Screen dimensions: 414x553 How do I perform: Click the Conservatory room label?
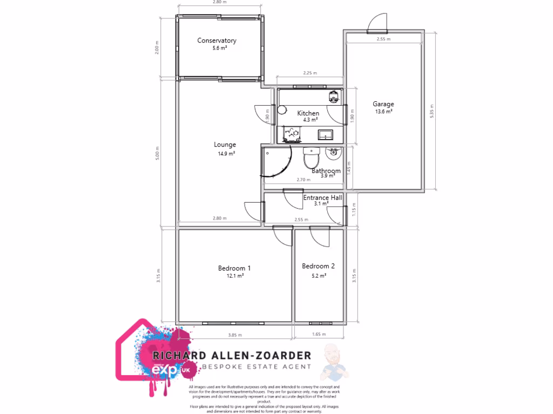click(x=217, y=40)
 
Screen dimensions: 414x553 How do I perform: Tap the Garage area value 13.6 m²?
click(x=383, y=112)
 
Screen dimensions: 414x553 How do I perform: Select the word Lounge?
click(x=225, y=144)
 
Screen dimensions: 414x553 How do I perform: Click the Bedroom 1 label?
click(x=234, y=268)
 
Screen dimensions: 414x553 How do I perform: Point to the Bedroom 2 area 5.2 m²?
click(x=319, y=275)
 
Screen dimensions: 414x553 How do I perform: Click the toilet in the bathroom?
click(x=312, y=158)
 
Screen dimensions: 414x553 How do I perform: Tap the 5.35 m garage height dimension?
click(x=431, y=112)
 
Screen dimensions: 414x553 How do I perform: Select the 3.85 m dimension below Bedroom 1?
click(x=234, y=335)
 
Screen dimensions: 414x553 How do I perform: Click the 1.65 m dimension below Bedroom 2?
click(x=319, y=335)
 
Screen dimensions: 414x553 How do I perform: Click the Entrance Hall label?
click(x=322, y=198)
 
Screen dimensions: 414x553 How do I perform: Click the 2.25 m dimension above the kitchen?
click(x=310, y=73)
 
